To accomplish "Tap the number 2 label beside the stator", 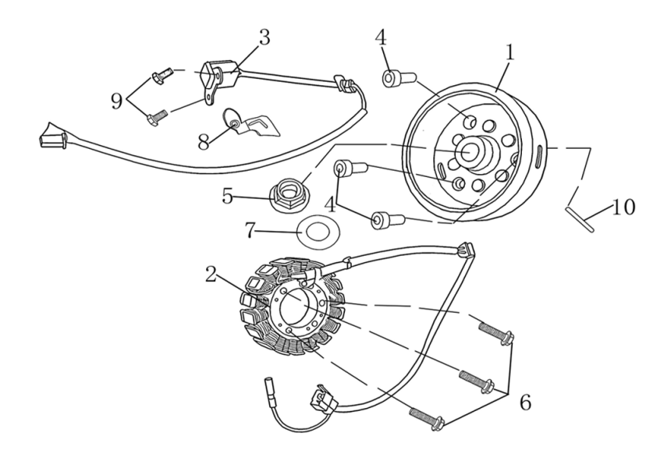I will pyautogui.click(x=211, y=274).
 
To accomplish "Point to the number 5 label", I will pyautogui.click(x=227, y=196).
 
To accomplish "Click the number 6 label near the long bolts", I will pyautogui.click(x=525, y=402).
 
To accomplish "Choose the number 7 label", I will pyautogui.click(x=250, y=232).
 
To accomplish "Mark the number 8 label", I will pyautogui.click(x=204, y=143).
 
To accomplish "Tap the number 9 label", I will pyautogui.click(x=116, y=100).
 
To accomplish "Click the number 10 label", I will pyautogui.click(x=623, y=207).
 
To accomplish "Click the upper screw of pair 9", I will pyautogui.click(x=162, y=74).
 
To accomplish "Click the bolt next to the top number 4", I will pyautogui.click(x=393, y=78).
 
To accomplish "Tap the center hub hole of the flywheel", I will pyautogui.click(x=468, y=152).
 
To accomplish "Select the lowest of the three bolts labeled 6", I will pyautogui.click(x=425, y=417).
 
